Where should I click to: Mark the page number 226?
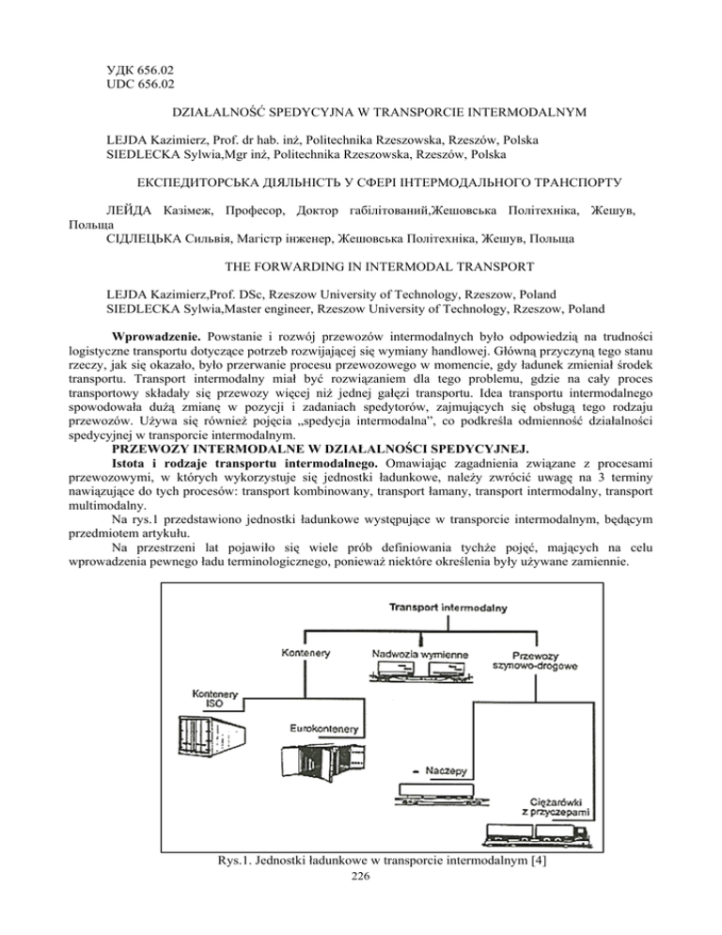coord(361,923)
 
